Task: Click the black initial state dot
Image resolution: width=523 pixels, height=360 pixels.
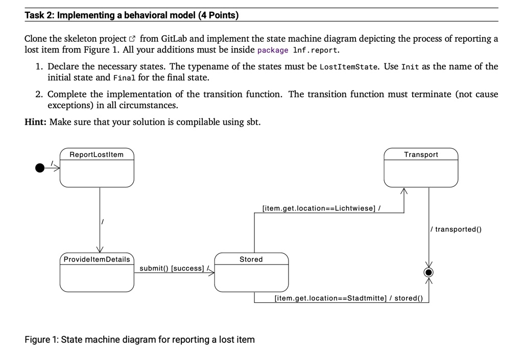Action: [x=40, y=168]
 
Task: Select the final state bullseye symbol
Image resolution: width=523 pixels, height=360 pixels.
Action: [x=429, y=272]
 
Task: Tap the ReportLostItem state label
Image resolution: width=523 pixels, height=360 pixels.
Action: [x=97, y=155]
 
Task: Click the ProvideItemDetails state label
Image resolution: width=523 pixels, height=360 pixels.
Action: [x=97, y=259]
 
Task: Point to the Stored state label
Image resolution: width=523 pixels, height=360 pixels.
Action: [x=251, y=259]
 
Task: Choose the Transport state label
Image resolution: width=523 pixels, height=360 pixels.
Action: [x=421, y=155]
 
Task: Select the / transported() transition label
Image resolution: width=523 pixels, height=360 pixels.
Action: [x=456, y=229]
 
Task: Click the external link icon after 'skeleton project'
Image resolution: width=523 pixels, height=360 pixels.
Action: [x=132, y=39]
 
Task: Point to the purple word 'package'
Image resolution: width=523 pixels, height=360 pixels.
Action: [x=273, y=51]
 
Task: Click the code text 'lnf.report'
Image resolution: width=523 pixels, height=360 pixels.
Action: [x=315, y=51]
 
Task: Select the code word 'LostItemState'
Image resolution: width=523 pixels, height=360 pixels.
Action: [x=348, y=67]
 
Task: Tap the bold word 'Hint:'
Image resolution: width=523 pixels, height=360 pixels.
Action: [x=35, y=122]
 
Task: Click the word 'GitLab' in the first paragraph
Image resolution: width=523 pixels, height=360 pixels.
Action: [x=174, y=39]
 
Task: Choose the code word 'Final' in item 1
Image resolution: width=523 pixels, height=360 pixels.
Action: [x=125, y=78]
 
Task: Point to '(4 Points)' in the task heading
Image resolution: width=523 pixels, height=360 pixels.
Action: [x=219, y=15]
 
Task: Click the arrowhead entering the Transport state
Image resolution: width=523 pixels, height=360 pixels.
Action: [x=404, y=191]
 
